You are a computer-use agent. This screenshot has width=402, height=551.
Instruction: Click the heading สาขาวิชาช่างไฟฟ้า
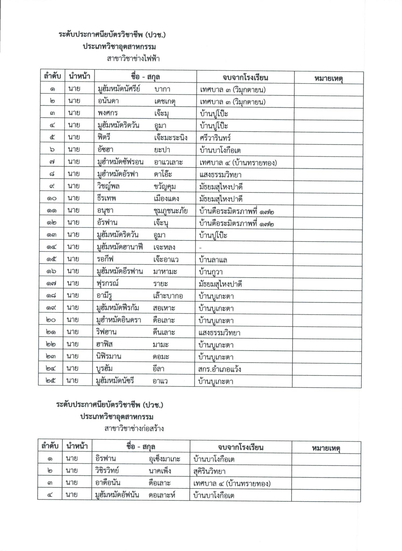[x=133, y=59]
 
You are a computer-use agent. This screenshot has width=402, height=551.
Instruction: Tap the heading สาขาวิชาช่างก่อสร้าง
[x=134, y=429]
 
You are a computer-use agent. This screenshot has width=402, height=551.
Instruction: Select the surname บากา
[x=162, y=89]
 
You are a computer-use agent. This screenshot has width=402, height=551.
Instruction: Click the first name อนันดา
[x=108, y=101]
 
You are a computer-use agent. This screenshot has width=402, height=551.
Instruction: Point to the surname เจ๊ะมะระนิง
[x=171, y=138]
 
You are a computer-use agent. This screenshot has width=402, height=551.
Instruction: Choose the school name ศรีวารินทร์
[x=215, y=138]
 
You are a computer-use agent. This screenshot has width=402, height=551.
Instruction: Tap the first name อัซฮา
[x=106, y=150]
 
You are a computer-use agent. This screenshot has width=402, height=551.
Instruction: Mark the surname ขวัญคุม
[x=165, y=186]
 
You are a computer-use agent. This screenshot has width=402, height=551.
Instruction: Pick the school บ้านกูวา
[x=211, y=272]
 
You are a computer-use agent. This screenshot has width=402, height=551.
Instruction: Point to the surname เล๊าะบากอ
[x=168, y=296]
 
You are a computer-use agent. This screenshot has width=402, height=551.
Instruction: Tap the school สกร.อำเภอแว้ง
[x=219, y=369]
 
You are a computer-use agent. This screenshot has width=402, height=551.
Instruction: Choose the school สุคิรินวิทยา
[x=209, y=471]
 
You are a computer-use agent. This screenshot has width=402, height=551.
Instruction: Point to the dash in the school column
[x=200, y=248]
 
